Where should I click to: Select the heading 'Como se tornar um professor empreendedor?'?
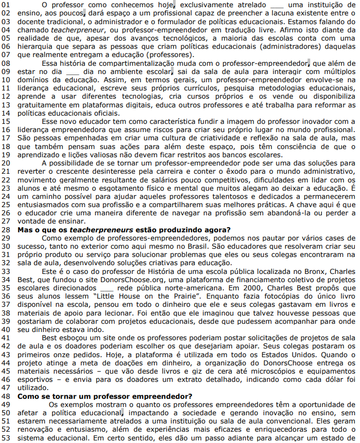pyautogui.click(x=105, y=396)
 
